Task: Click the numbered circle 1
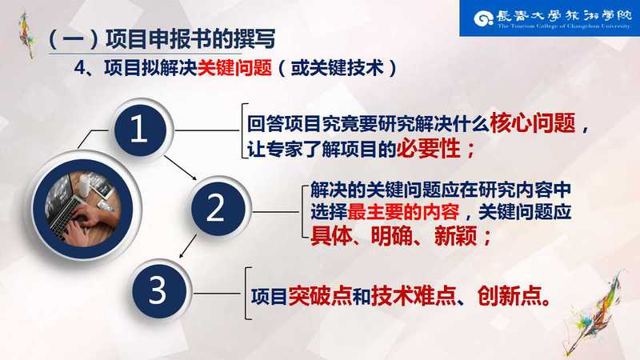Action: (140, 130)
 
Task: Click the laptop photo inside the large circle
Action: (83, 209)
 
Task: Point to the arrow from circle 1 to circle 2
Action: (181, 167)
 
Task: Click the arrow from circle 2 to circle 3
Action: (188, 246)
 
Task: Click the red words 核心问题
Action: (533, 123)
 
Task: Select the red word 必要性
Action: (428, 148)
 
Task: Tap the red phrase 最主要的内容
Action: (403, 212)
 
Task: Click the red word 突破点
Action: (320, 295)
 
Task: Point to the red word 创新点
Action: (509, 295)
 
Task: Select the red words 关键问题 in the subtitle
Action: (234, 67)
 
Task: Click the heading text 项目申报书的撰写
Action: (190, 38)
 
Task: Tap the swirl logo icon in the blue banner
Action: (484, 18)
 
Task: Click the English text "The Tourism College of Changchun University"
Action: (564, 26)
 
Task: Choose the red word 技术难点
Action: (413, 295)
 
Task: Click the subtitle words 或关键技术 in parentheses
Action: (337, 67)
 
